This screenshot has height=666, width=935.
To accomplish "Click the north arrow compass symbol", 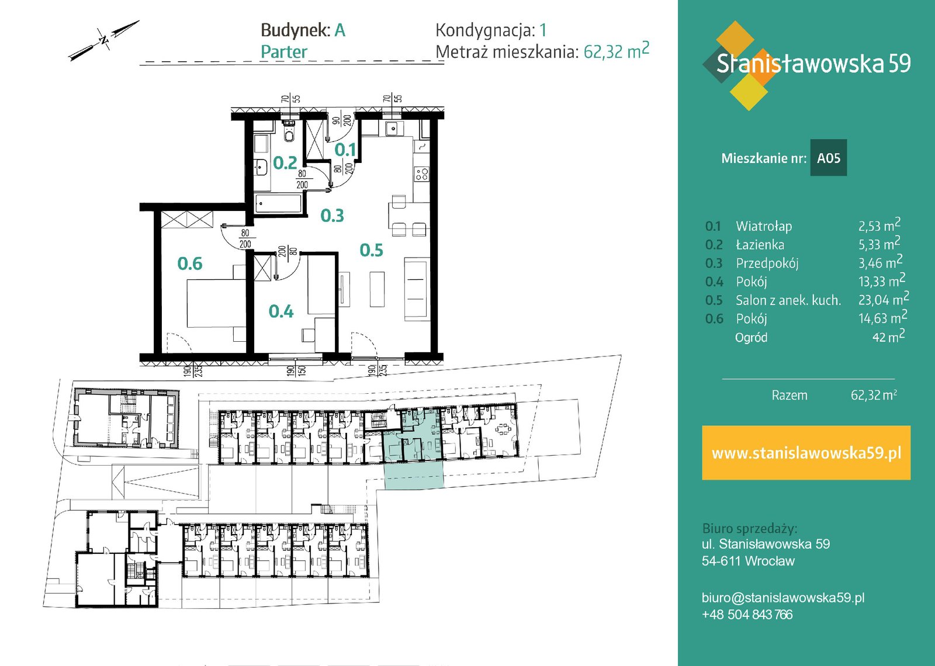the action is pyautogui.click(x=103, y=40).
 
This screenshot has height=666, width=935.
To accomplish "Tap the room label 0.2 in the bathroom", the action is pyautogui.click(x=285, y=163).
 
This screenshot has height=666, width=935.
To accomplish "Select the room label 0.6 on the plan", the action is pyautogui.click(x=189, y=263).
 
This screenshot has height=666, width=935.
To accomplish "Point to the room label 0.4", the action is pyautogui.click(x=281, y=311).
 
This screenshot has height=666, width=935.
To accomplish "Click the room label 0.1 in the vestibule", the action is pyautogui.click(x=345, y=150).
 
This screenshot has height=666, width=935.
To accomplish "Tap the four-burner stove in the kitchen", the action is pyautogui.click(x=421, y=174).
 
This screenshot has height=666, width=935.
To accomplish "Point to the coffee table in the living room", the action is pyautogui.click(x=377, y=289).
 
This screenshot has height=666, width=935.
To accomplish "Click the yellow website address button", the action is pyautogui.click(x=806, y=453).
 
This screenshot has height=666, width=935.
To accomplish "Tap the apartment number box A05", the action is pyautogui.click(x=829, y=158).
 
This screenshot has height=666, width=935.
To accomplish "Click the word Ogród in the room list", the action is pyautogui.click(x=751, y=337).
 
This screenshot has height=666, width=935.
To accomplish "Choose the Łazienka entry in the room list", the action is pyautogui.click(x=760, y=245).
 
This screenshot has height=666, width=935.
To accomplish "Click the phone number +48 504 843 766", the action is pyautogui.click(x=747, y=615).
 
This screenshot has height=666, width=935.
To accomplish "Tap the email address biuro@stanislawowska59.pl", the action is pyautogui.click(x=783, y=598).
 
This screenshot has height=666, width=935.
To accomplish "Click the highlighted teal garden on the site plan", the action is pyautogui.click(x=413, y=474).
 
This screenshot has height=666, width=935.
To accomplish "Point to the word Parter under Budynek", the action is pyautogui.click(x=284, y=52).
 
